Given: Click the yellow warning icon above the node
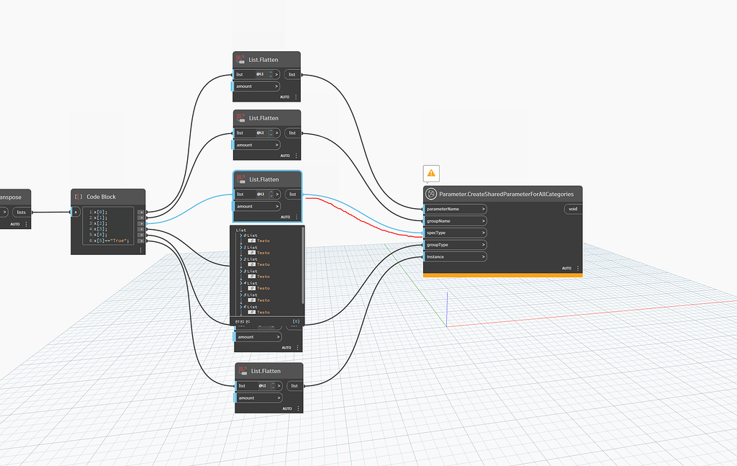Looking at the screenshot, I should pyautogui.click(x=431, y=173).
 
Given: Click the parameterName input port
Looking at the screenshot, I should pyautogui.click(x=454, y=209).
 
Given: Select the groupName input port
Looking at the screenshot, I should pyautogui.click(x=454, y=221).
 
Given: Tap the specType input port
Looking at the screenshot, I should pyautogui.click(x=454, y=233).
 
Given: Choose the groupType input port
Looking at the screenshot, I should pyautogui.click(x=454, y=245).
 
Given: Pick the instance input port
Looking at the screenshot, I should pyautogui.click(x=454, y=256).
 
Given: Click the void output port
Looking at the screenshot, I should pyautogui.click(x=573, y=209).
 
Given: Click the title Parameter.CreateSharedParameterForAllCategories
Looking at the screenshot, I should pyautogui.click(x=506, y=194).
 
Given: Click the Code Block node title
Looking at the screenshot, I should pyautogui.click(x=101, y=197).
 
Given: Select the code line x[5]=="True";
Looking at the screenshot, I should pyautogui.click(x=112, y=241).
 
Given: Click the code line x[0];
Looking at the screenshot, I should pyautogui.click(x=101, y=212).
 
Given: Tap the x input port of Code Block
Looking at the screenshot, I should pyautogui.click(x=76, y=212).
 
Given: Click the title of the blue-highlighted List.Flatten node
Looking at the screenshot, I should pyautogui.click(x=263, y=179).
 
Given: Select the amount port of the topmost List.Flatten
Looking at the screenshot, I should pyautogui.click(x=256, y=86).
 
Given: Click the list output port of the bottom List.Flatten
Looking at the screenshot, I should pyautogui.click(x=294, y=386).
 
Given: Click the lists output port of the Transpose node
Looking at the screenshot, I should pyautogui.click(x=22, y=212).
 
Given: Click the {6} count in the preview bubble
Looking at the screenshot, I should pyautogui.click(x=296, y=321).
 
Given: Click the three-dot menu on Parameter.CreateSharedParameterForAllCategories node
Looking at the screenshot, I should pyautogui.click(x=577, y=268).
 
